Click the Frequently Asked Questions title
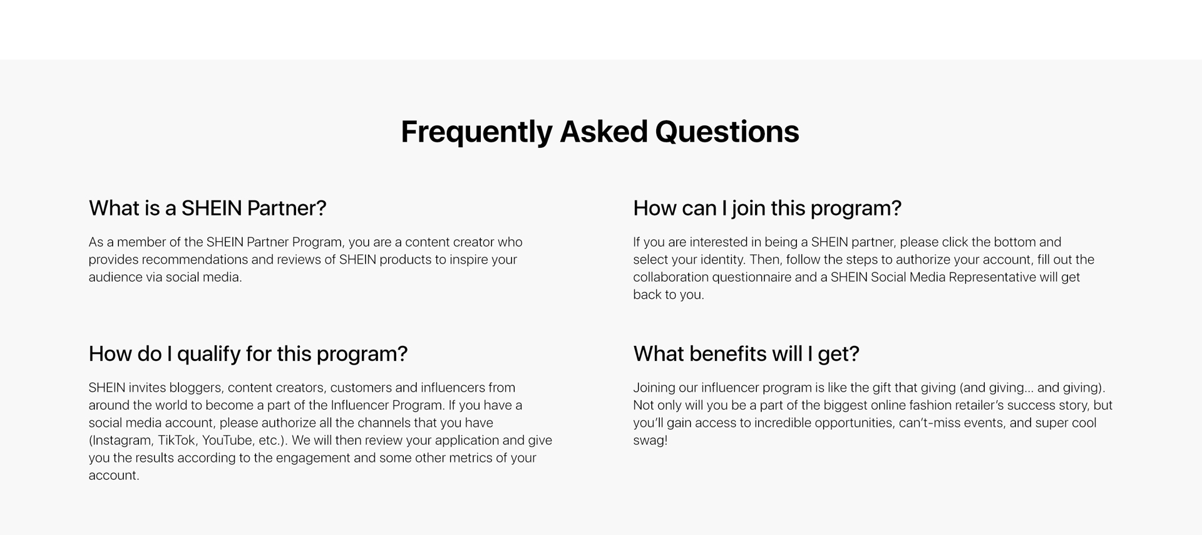coord(600,132)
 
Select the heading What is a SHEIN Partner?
coord(207,208)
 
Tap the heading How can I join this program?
coord(767,209)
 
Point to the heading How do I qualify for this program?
coord(248,355)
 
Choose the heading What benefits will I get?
coord(746,355)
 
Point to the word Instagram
coord(121,440)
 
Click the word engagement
coord(312,458)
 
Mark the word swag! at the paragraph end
coord(650,440)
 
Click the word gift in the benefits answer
coord(881,388)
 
